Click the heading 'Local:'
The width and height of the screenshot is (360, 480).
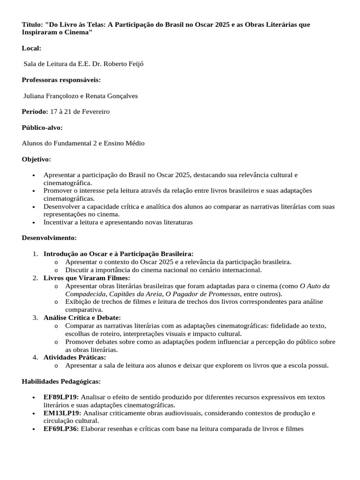(x=31, y=48)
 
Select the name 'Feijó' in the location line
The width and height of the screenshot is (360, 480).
(x=135, y=64)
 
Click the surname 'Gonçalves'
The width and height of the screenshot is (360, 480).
(x=121, y=96)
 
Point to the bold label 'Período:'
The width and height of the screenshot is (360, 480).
(x=35, y=112)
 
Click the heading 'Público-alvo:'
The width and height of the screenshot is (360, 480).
(x=42, y=127)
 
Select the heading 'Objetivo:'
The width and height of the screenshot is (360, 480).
(x=37, y=159)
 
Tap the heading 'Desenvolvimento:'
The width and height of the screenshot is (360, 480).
(x=49, y=238)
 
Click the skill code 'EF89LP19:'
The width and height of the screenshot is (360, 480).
(x=61, y=397)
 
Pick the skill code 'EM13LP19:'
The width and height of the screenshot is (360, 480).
(x=62, y=413)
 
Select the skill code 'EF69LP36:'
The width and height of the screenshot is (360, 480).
(x=61, y=429)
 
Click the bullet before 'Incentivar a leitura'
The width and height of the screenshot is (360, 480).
(x=33, y=223)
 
